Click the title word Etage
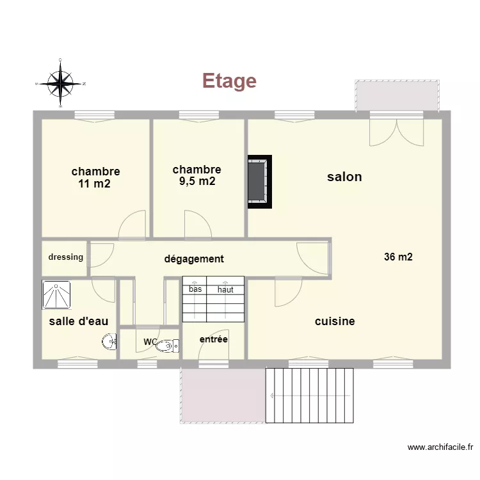click(x=229, y=81)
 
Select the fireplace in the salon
click(x=260, y=182)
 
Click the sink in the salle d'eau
click(x=108, y=342)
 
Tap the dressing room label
click(x=66, y=257)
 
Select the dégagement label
click(x=194, y=259)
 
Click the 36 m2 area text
click(x=398, y=257)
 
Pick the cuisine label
click(x=335, y=321)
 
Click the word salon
click(x=344, y=177)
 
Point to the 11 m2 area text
click(x=95, y=184)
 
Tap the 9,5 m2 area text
click(x=196, y=181)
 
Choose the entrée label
click(x=214, y=339)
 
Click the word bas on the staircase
click(x=195, y=289)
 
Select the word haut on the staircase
click(x=225, y=289)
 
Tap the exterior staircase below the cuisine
click(x=310, y=395)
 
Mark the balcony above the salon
click(x=397, y=95)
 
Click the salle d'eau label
click(x=79, y=321)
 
